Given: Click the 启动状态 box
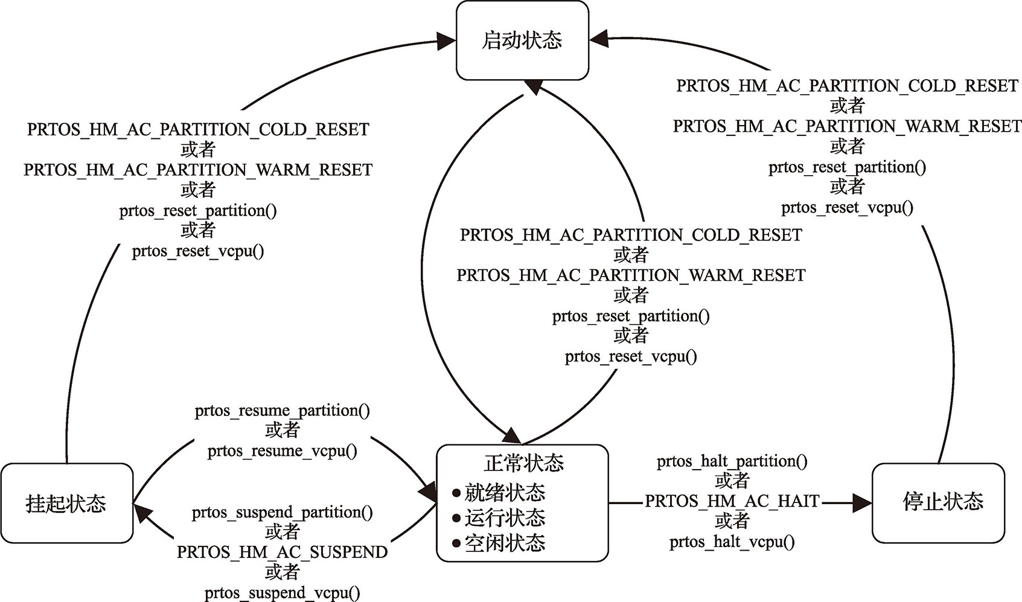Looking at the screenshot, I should pyautogui.click(x=522, y=40).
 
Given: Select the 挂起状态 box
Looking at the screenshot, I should pyautogui.click(x=66, y=503).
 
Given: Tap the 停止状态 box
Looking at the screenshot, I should pyautogui.click(x=938, y=502).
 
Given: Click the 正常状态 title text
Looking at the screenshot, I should pyautogui.click(x=523, y=463).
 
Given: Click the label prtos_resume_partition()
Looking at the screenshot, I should pyautogui.click(x=282, y=411).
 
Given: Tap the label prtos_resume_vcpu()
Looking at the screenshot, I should pyautogui.click(x=282, y=451).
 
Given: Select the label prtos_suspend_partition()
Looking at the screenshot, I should pyautogui.click(x=282, y=512).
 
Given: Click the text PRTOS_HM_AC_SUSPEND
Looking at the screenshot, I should pyautogui.click(x=282, y=552).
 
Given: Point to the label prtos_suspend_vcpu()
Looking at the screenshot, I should pyautogui.click(x=282, y=593).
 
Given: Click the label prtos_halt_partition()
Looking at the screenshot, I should pyautogui.click(x=732, y=461).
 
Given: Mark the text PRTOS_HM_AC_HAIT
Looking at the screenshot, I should pyautogui.click(x=732, y=501).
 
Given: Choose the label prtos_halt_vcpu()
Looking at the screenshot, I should pyautogui.click(x=732, y=542).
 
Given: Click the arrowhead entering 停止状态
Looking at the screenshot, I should pyautogui.click(x=863, y=502).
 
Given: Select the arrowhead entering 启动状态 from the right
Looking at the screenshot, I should pyautogui.click(x=599, y=39).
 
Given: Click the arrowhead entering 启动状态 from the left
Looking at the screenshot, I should pyautogui.click(x=446, y=41).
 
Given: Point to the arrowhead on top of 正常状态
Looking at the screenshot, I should pyautogui.click(x=511, y=436).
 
